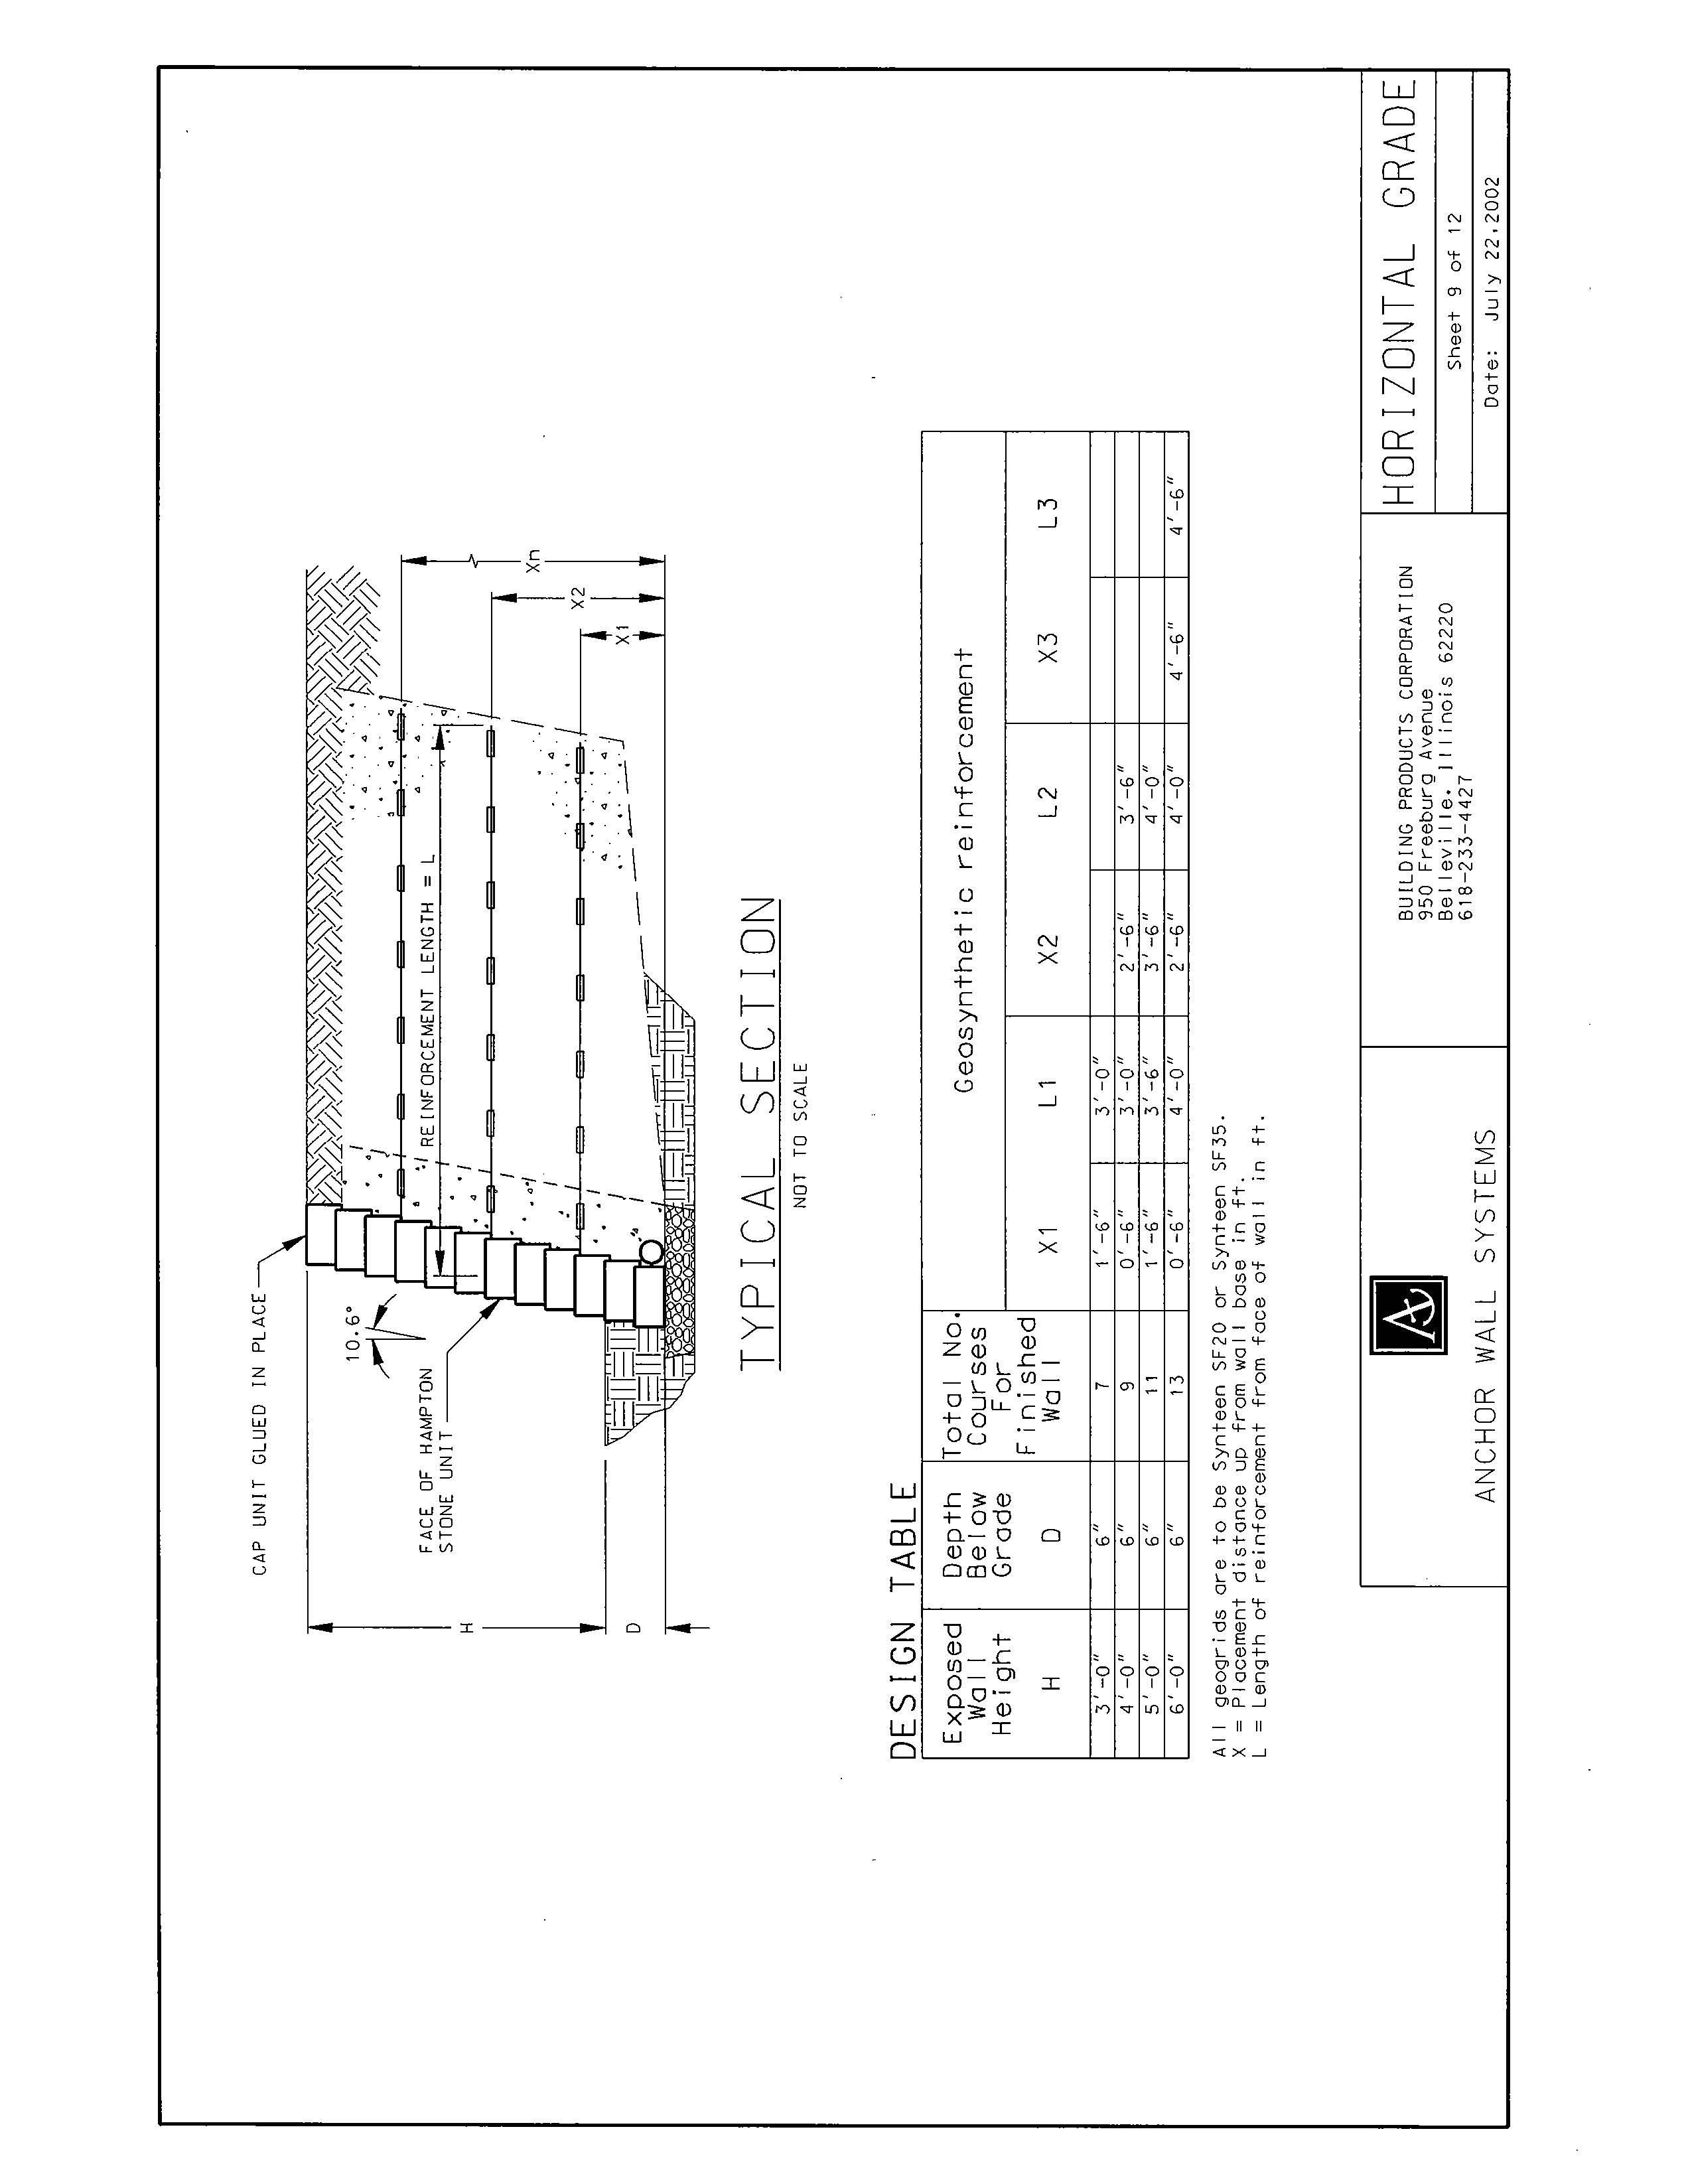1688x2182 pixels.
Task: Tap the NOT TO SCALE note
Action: (x=800, y=1135)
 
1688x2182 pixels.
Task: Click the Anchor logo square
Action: (x=1409, y=1315)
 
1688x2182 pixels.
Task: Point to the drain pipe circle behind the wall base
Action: (x=650, y=1252)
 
